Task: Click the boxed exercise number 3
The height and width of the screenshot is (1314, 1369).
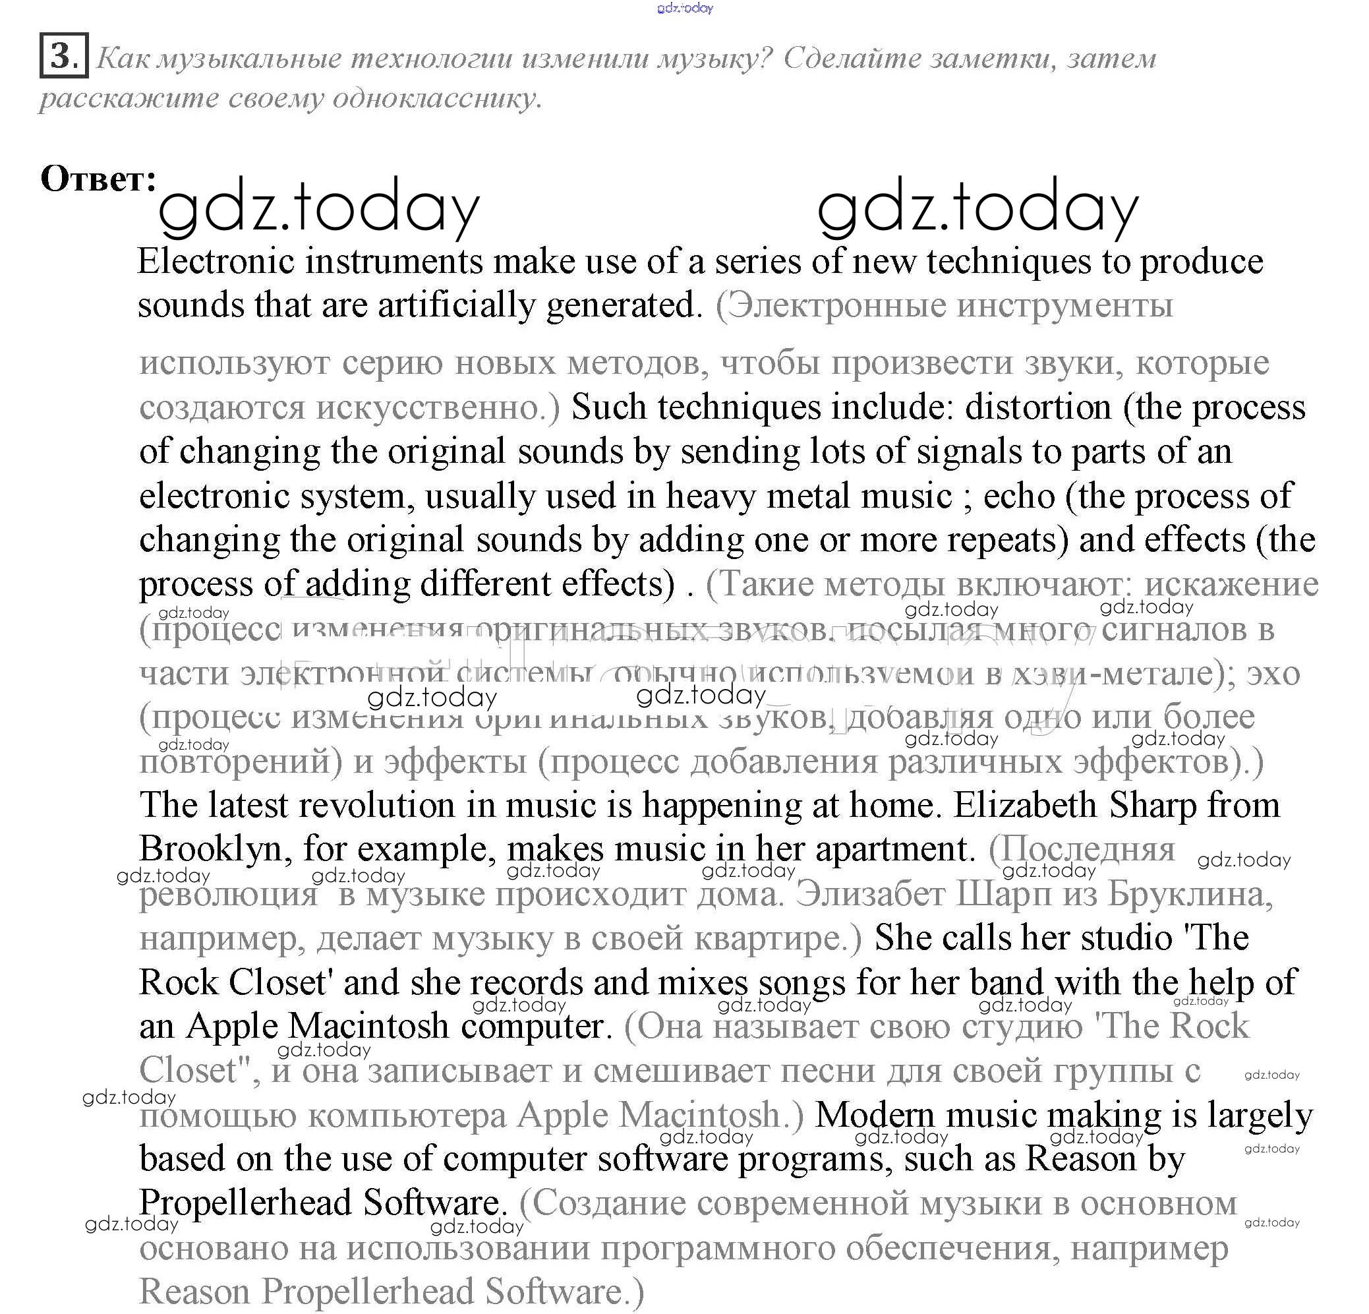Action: tap(63, 55)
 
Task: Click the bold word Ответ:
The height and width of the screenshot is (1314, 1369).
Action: tap(98, 179)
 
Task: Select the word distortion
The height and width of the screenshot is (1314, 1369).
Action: tap(1037, 407)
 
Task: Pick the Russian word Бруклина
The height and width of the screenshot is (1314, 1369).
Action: tap(1190, 894)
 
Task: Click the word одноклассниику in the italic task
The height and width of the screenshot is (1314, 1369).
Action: tap(436, 98)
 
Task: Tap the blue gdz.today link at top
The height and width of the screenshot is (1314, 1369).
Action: tap(684, 8)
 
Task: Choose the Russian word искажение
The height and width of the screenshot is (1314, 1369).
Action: tap(1231, 584)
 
